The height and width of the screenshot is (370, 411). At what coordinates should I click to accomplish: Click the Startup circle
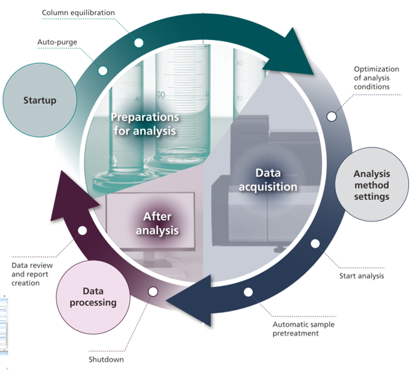40,100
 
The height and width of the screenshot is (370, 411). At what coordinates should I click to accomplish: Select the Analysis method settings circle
372,185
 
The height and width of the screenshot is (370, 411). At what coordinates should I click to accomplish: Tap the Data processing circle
93,297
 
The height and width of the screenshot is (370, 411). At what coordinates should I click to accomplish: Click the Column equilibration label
78,13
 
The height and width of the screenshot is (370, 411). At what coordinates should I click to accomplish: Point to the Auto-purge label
57,42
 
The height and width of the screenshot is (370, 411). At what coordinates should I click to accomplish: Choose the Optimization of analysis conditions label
377,78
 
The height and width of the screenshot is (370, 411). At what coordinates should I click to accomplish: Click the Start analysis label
361,276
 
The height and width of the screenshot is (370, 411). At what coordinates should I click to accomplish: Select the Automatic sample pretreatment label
303,329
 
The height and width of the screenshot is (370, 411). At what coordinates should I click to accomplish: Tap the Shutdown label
106,360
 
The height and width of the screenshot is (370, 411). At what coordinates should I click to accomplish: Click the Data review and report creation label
32,274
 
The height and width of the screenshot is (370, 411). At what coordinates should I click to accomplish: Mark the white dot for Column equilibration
139,43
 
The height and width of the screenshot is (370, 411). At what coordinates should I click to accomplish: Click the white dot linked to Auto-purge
103,71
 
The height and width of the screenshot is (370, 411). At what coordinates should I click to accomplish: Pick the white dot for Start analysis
315,243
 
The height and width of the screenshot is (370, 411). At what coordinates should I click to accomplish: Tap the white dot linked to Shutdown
153,292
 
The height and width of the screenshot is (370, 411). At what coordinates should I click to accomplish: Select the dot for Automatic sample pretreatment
248,292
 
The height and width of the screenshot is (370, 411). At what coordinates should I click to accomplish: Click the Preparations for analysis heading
144,124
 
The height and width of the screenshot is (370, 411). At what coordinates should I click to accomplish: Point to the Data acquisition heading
268,180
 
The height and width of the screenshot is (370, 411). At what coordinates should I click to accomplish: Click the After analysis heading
157,224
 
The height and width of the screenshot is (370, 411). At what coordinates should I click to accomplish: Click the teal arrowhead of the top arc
291,53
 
